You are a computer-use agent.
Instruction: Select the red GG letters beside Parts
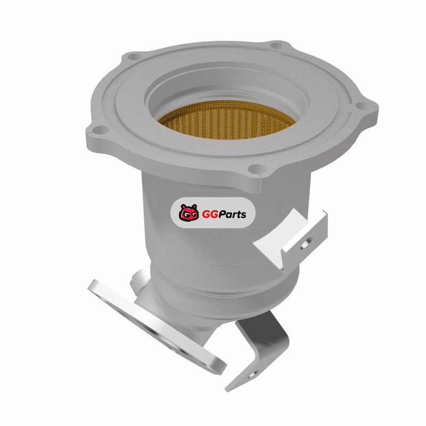click(x=208, y=214)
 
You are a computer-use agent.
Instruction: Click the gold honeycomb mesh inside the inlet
click(x=225, y=124)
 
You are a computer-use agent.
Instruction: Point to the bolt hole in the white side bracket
click(x=305, y=244)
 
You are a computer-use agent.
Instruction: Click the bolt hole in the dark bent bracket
click(x=252, y=375)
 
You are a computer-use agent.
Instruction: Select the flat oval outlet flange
click(x=157, y=326)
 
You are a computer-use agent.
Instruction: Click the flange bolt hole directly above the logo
click(x=255, y=169)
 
